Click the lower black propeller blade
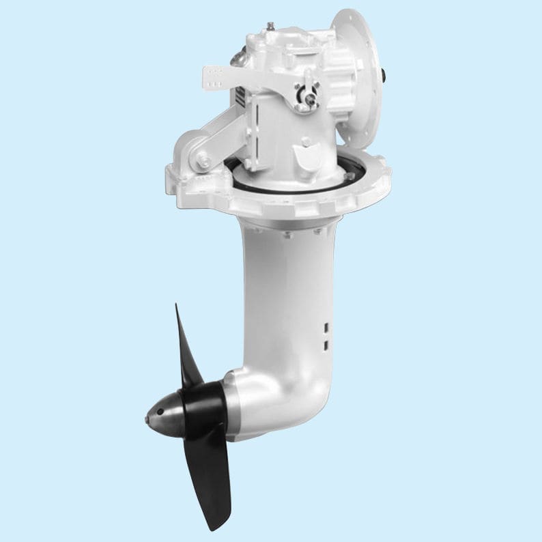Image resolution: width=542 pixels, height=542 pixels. (x=212, y=478)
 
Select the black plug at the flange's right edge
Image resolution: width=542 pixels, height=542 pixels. (x=387, y=71)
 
